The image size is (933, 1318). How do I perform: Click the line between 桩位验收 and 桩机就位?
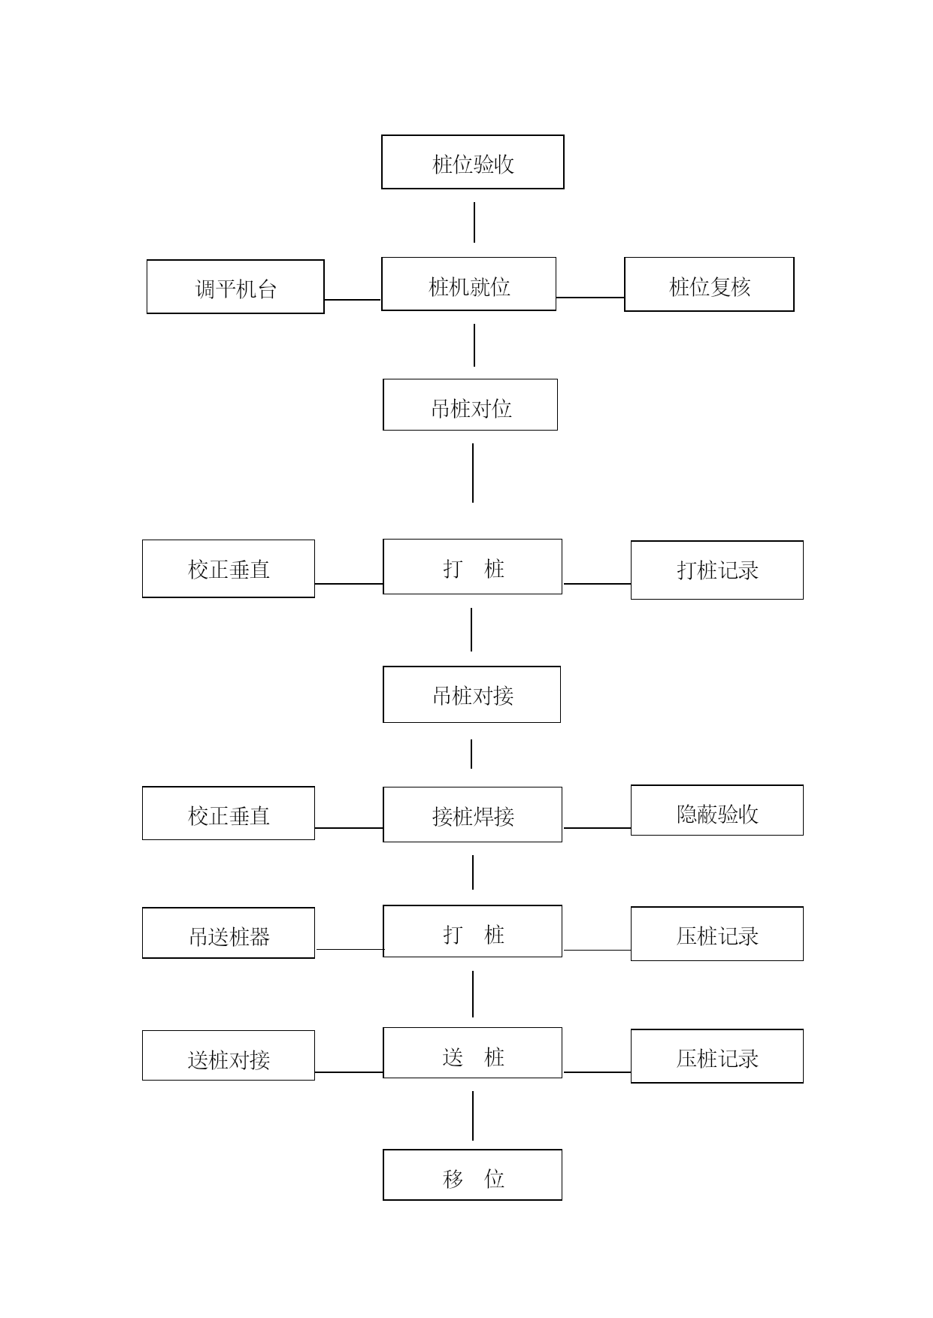474,222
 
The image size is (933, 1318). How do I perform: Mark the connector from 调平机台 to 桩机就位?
353,300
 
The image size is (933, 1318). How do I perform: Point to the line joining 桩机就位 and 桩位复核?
590,298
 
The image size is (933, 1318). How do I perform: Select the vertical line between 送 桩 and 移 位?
473,1116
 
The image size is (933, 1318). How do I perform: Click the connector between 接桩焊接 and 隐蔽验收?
597,828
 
